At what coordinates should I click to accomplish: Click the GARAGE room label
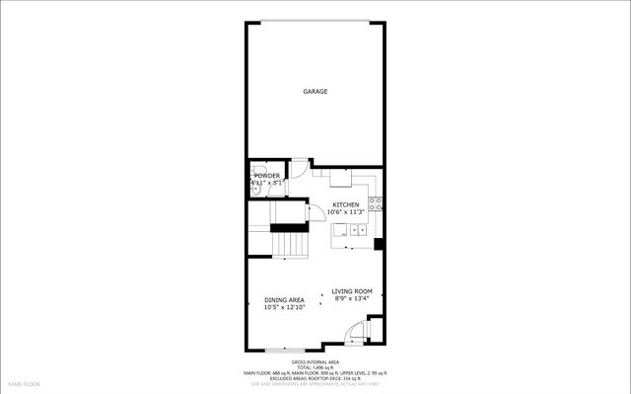[315, 92]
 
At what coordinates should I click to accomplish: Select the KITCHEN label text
[345, 204]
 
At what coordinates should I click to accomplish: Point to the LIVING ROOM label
[351, 291]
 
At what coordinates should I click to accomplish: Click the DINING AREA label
[284, 299]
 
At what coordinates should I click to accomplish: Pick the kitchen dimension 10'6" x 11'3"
[345, 212]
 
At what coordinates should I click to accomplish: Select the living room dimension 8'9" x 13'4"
[351, 299]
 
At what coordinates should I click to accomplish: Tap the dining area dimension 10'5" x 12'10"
[284, 307]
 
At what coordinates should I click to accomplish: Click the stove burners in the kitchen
[377, 204]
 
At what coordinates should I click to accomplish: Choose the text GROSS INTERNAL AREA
[315, 362]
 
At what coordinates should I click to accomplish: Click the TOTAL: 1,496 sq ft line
[315, 367]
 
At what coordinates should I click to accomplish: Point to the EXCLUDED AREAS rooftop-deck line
[315, 378]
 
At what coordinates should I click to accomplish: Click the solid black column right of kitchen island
[379, 243]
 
